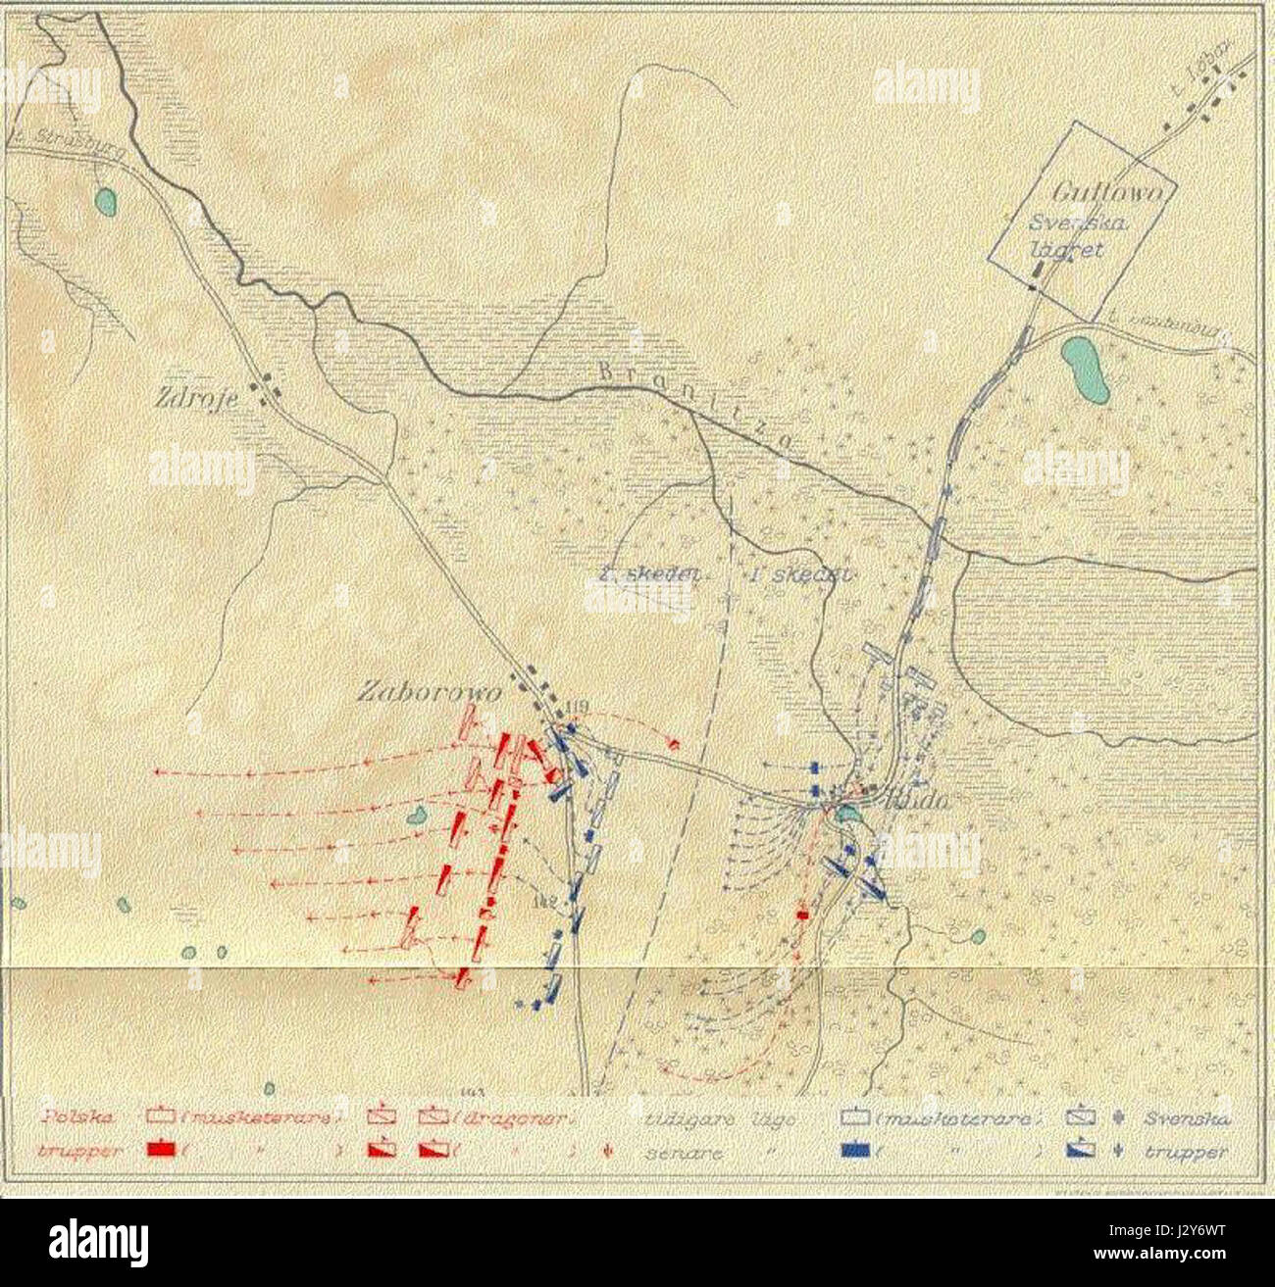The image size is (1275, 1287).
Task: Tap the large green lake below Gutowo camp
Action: (x=1087, y=371)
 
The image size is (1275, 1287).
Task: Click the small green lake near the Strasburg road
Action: (x=105, y=202)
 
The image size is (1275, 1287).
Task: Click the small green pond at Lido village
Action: (x=845, y=813)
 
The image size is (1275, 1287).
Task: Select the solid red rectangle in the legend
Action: (x=163, y=1149)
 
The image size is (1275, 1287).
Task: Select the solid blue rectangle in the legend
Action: (x=860, y=1150)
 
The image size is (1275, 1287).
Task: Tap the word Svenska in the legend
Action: (x=1193, y=1117)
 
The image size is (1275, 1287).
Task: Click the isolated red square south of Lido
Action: (x=802, y=914)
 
